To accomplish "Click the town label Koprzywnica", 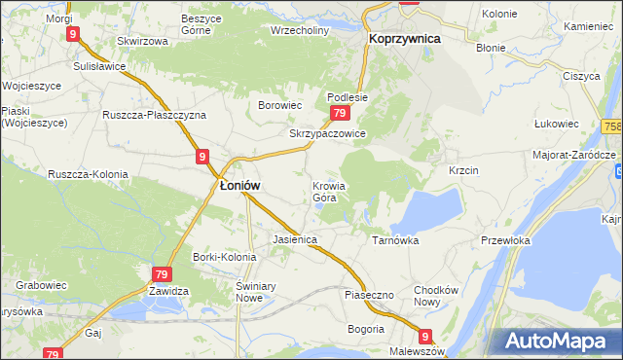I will [x=404, y=38].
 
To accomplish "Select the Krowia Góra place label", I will [x=329, y=192].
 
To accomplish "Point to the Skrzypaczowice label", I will [x=327, y=133].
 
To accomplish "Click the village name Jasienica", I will [x=296, y=238].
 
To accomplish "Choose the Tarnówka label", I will [x=394, y=238].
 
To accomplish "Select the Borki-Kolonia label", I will [x=225, y=257].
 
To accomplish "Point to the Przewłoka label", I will [x=504, y=239].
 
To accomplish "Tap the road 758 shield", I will [x=612, y=127].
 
